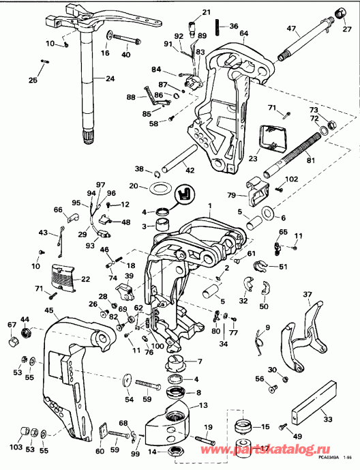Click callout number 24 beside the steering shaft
[x=110, y=78]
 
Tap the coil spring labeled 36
[x=217, y=28]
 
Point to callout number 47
[x=292, y=28]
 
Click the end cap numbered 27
[x=337, y=14]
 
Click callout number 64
[x=243, y=33]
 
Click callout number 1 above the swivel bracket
[x=210, y=205]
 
